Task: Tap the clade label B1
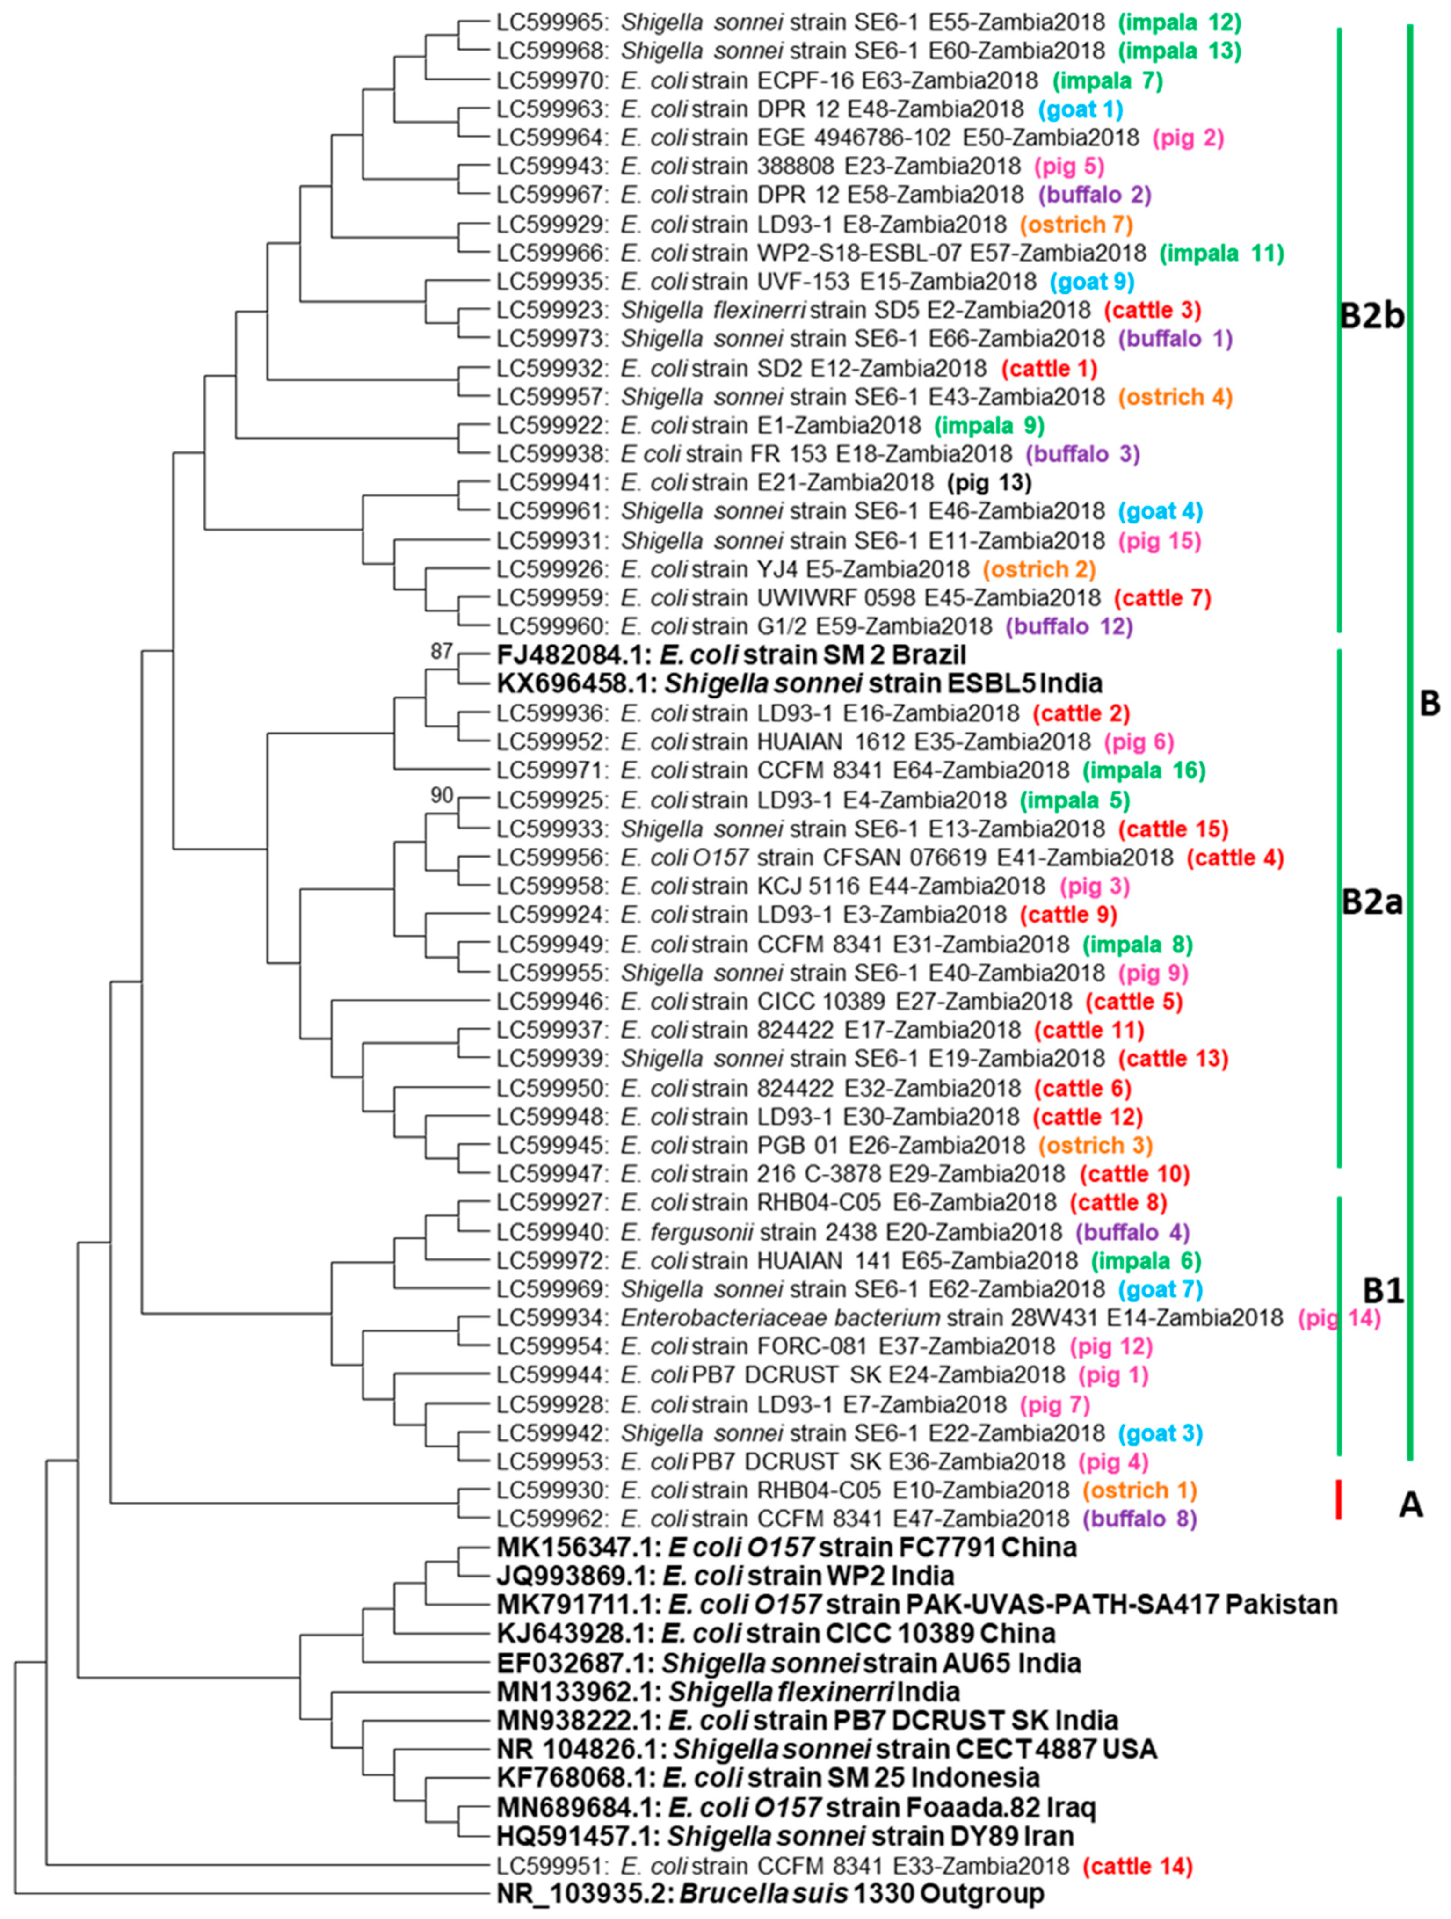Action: pos(1383,1291)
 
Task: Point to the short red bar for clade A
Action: pos(1339,1500)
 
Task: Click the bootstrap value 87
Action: pos(442,651)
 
